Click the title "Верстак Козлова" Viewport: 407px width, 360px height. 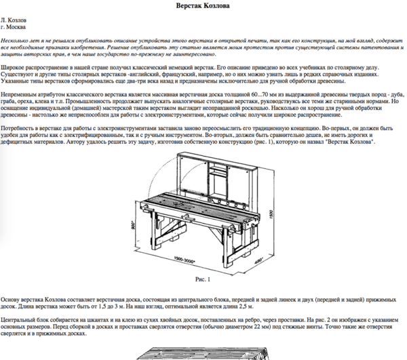[x=203, y=6]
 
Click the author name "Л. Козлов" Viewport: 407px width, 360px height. [x=17, y=22]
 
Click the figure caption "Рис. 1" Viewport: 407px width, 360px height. [x=203, y=279]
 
